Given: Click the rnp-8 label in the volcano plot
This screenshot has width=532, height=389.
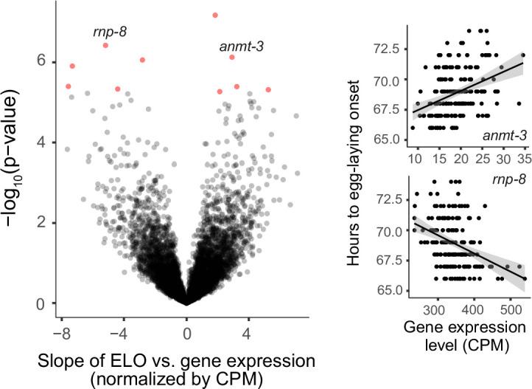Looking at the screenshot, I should (x=108, y=32).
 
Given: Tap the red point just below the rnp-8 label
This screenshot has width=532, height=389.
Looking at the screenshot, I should (x=105, y=46).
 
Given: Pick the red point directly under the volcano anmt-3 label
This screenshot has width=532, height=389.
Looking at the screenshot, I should (x=232, y=58).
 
